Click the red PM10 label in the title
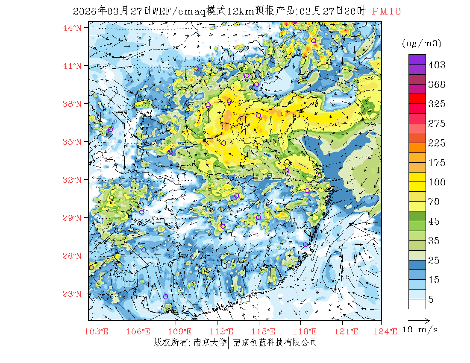coord(386,12)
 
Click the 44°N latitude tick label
coord(72,28)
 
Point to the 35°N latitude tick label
coord(72,142)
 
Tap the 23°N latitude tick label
coord(72,294)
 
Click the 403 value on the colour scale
coord(437,65)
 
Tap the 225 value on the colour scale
coord(437,143)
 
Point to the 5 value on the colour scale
coord(431,299)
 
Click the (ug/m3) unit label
coord(421,43)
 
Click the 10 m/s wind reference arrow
coord(419,319)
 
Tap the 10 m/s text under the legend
coord(420,330)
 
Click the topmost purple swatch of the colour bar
coord(417,59)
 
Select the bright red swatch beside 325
coord(417,98)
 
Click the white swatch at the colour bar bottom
coord(417,304)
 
